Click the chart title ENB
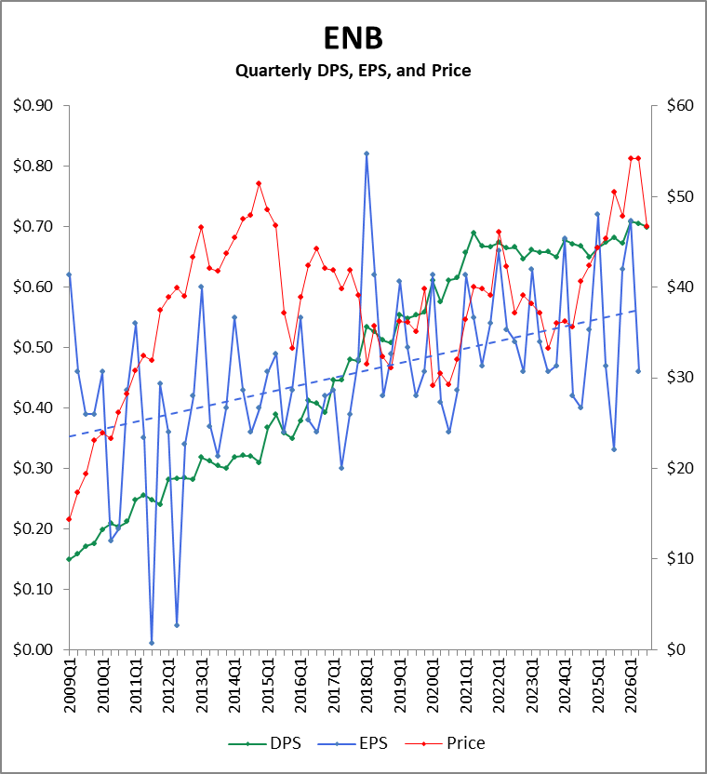[x=353, y=38]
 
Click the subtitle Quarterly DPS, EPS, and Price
[x=353, y=71]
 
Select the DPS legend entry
[x=264, y=743]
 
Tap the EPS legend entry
[x=353, y=743]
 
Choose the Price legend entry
[x=445, y=743]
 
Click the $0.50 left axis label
[x=33, y=347]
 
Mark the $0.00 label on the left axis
[x=33, y=649]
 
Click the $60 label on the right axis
[x=680, y=105]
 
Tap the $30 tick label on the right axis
[x=680, y=377]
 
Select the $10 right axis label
[x=680, y=558]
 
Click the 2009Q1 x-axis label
[x=70, y=685]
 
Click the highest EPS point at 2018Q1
[x=367, y=153]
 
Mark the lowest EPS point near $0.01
[x=152, y=643]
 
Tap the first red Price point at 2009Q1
[x=69, y=519]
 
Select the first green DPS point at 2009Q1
[x=69, y=559]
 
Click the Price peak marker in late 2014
[x=259, y=183]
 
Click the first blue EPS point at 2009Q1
[x=69, y=274]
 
